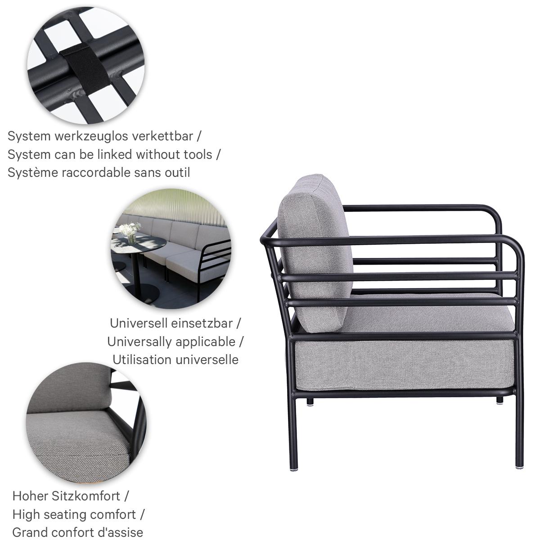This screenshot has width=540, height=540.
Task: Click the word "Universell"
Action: click(139, 323)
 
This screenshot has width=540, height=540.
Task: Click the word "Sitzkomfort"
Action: click(86, 496)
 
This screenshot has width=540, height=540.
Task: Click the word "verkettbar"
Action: click(162, 136)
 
